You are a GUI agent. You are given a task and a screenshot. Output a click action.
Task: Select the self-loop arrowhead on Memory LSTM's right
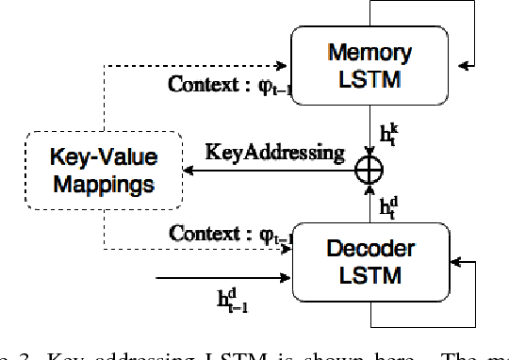tap(465, 65)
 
